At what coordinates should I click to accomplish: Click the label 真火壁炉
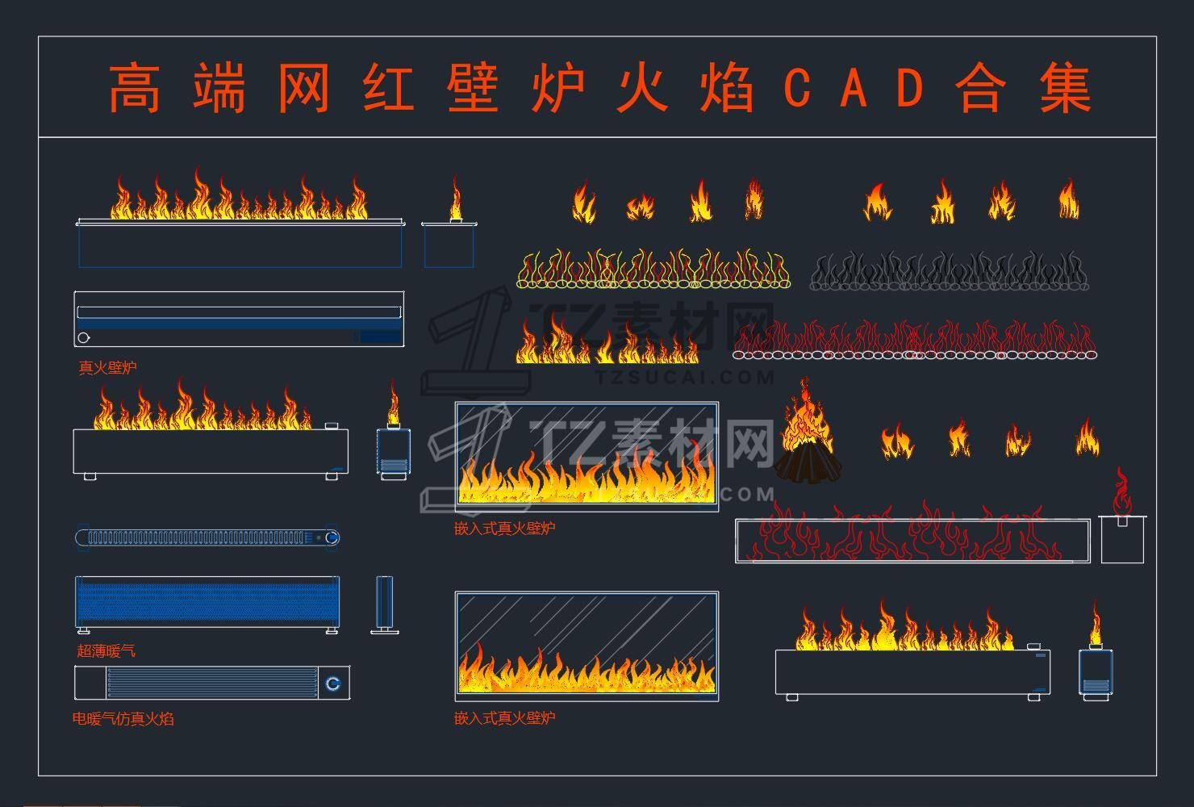(x=107, y=368)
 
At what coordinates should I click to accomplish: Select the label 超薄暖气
(x=106, y=650)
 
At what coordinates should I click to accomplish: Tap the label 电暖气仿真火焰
(x=123, y=718)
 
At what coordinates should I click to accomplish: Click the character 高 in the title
(x=134, y=88)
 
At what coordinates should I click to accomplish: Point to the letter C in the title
(x=796, y=88)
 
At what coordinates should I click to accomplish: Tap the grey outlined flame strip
(x=949, y=271)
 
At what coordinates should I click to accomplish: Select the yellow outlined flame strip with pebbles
(x=652, y=270)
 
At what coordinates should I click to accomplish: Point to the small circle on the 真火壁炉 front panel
(x=84, y=337)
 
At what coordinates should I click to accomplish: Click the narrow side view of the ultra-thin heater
(x=385, y=604)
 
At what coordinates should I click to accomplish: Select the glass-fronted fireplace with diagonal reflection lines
(x=587, y=645)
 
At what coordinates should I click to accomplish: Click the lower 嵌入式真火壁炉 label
(x=504, y=718)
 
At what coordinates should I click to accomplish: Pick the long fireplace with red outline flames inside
(x=912, y=539)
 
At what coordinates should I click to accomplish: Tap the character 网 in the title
(x=303, y=88)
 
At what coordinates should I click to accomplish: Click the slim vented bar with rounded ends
(x=207, y=537)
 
